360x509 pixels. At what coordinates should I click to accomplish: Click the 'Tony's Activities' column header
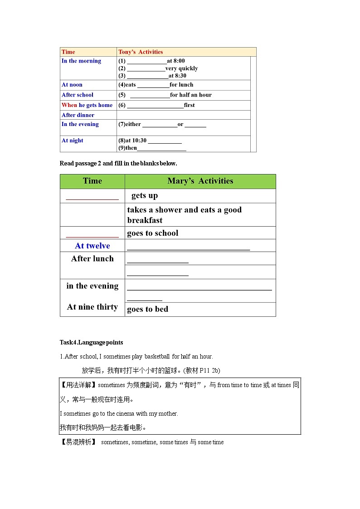click(141, 52)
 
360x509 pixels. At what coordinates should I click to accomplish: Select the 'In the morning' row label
click(81, 61)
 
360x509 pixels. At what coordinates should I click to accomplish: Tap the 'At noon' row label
click(72, 85)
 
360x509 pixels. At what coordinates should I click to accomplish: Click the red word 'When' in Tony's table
click(69, 105)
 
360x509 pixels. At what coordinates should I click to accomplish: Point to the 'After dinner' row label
click(78, 115)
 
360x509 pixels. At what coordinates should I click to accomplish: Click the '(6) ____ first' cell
click(156, 105)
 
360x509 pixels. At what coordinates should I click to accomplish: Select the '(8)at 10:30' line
click(150, 141)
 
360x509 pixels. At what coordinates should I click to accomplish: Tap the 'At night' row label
click(73, 141)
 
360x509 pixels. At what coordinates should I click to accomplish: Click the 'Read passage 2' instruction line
click(118, 163)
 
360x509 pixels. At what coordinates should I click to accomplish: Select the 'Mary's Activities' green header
click(200, 181)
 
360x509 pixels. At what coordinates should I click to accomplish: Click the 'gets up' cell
click(145, 195)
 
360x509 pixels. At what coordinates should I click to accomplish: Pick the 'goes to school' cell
click(153, 233)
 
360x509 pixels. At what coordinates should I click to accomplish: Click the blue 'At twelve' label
click(92, 246)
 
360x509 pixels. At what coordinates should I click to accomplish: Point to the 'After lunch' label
click(92, 259)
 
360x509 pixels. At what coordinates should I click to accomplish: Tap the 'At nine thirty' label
click(92, 307)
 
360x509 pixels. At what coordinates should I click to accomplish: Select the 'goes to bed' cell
click(148, 309)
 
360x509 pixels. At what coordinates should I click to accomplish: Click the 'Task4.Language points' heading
click(91, 342)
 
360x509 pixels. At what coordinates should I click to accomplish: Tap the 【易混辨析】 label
click(78, 442)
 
